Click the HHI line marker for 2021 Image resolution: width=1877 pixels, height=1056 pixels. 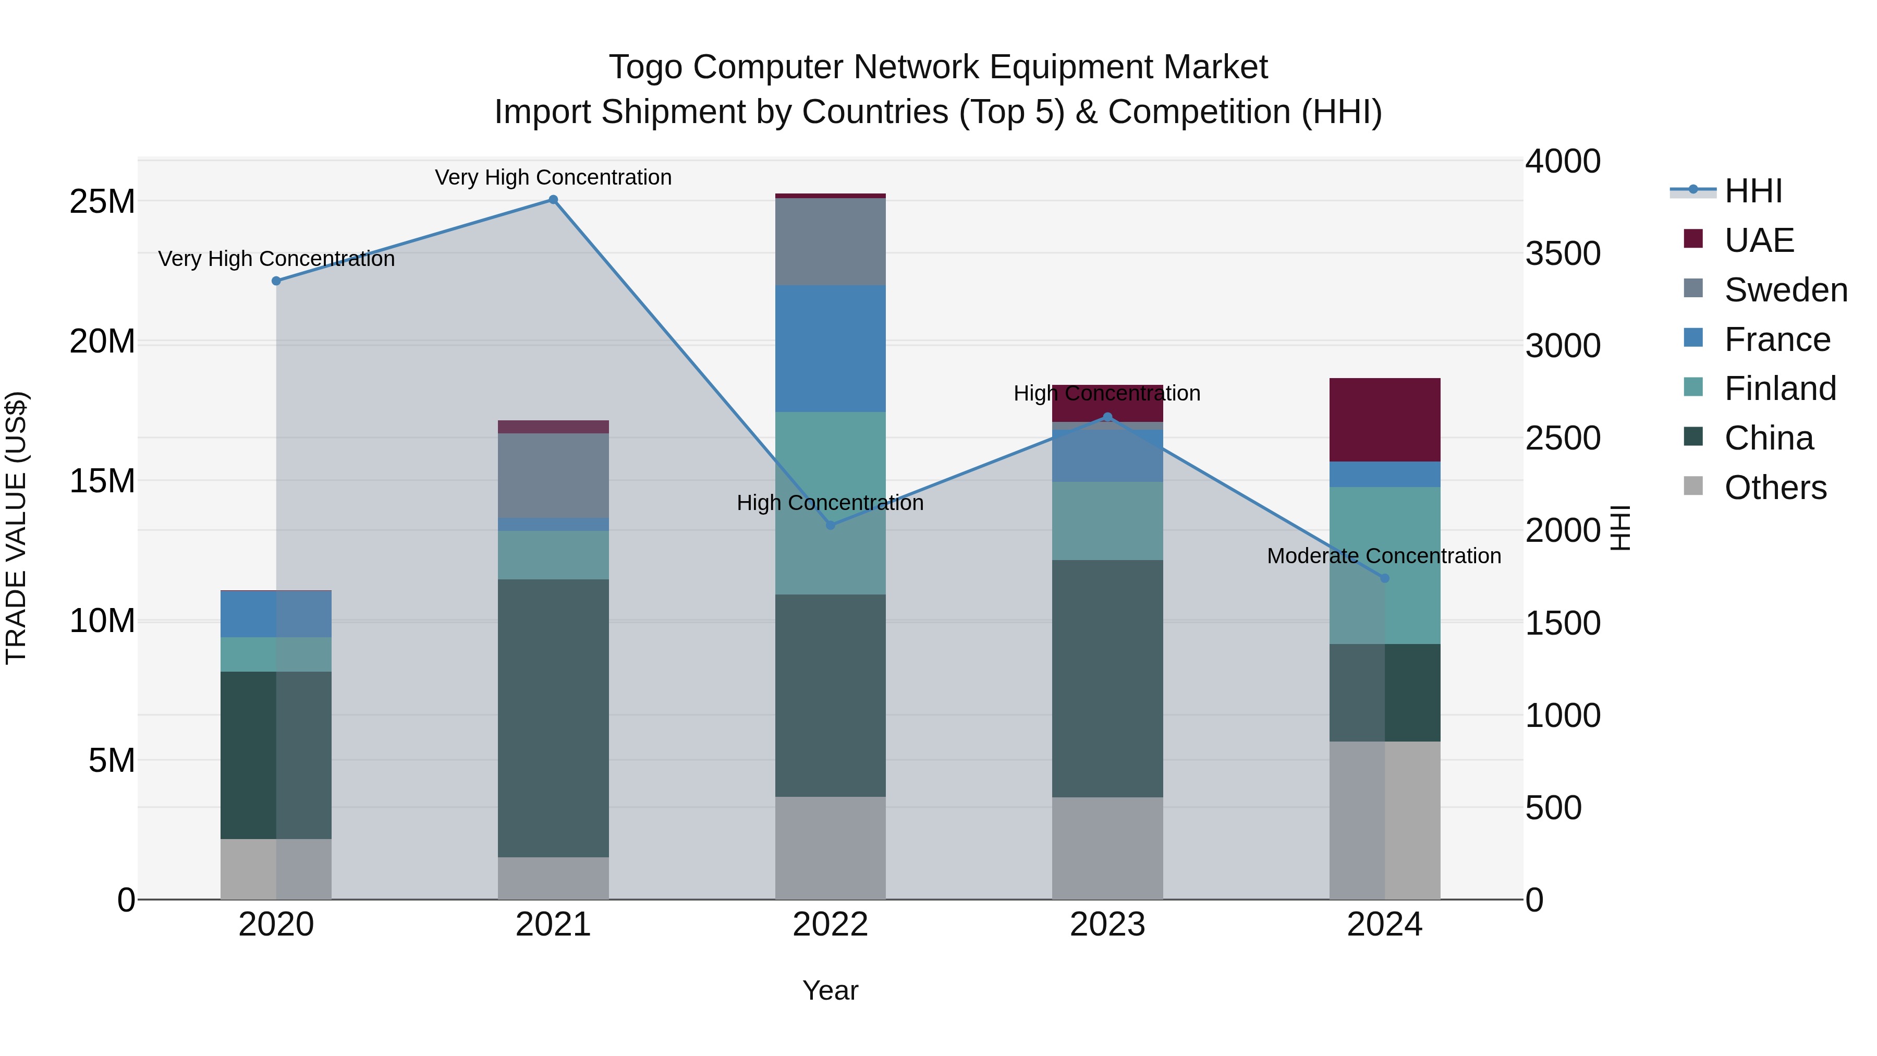tap(553, 200)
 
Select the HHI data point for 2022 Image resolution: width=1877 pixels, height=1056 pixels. tap(830, 525)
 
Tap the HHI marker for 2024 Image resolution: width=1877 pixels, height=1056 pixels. tap(1384, 578)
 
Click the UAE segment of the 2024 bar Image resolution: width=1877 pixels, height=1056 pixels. tap(1384, 420)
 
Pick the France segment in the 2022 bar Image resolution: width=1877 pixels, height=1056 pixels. tap(830, 348)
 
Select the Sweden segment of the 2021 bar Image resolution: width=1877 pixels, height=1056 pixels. tap(553, 475)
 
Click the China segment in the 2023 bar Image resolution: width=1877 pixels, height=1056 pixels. tap(1107, 678)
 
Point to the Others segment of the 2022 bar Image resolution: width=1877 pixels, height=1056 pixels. tap(830, 847)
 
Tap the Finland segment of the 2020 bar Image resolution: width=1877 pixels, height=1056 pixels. tap(276, 654)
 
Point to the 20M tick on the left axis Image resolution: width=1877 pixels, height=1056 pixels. tap(102, 341)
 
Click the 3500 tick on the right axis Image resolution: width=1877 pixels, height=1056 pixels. tap(1563, 253)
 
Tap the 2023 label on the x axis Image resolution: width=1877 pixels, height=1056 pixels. tap(1107, 925)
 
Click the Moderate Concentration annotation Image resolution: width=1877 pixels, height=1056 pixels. tap(1384, 556)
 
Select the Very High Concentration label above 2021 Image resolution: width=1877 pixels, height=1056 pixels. tap(553, 177)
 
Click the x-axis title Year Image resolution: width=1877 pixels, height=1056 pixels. tap(830, 990)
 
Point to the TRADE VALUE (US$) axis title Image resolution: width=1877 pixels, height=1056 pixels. tap(16, 528)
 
